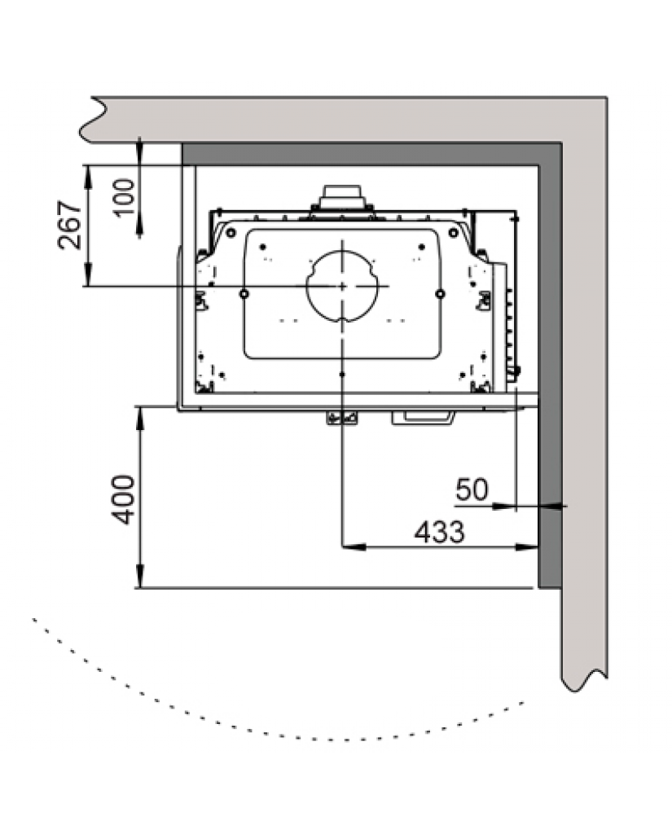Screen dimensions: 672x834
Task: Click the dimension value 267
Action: tap(70, 225)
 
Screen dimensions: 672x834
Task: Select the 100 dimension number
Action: tap(125, 197)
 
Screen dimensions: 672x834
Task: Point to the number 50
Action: tap(472, 489)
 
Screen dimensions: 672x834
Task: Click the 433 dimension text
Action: tap(440, 531)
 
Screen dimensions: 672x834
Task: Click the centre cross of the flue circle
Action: tap(343, 286)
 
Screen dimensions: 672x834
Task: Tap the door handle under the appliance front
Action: tap(423, 418)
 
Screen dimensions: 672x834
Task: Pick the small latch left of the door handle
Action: tap(341, 419)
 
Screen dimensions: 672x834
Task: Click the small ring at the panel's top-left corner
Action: tap(231, 233)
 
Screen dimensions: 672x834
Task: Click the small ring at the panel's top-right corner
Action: tap(454, 233)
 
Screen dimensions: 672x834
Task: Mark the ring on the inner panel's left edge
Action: tap(244, 293)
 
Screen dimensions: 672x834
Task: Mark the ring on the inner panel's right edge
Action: tap(440, 293)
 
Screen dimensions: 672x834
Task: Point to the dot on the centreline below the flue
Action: tap(342, 375)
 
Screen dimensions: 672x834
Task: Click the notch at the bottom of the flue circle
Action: tap(343, 319)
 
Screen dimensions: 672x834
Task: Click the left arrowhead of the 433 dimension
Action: tap(354, 546)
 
